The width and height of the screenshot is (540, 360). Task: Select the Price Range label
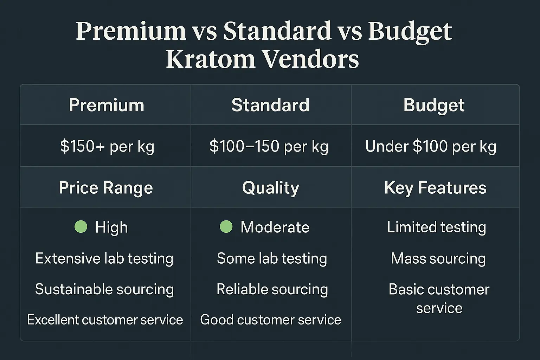click(x=106, y=188)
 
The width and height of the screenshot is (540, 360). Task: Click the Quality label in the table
click(x=270, y=188)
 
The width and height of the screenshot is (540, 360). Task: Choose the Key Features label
click(x=435, y=188)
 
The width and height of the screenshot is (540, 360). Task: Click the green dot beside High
click(x=81, y=227)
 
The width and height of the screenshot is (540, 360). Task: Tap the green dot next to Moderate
click(x=226, y=227)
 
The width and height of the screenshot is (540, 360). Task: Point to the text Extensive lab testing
click(x=104, y=258)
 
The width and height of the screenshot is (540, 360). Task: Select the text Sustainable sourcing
click(x=104, y=289)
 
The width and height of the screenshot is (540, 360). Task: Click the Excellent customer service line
click(x=105, y=320)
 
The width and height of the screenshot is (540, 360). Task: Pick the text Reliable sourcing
click(x=272, y=289)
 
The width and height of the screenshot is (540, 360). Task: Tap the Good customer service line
click(x=270, y=320)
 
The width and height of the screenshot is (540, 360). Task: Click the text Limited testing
click(x=437, y=227)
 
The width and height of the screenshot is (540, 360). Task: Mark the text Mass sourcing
click(x=438, y=259)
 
